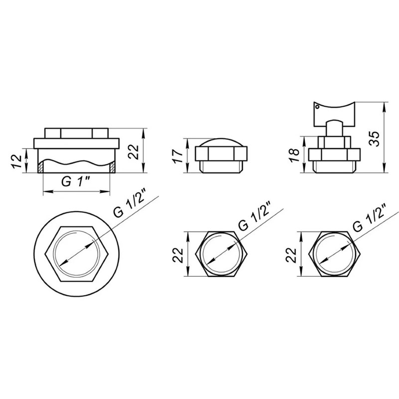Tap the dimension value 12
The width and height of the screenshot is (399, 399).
17,161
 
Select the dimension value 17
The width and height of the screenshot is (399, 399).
178,156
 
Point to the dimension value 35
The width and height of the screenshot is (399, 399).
374,139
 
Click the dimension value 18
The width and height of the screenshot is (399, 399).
294,155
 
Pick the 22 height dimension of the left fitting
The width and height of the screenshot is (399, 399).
133,152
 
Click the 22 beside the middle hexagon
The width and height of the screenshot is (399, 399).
178,255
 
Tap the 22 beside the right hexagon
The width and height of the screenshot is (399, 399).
291,255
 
